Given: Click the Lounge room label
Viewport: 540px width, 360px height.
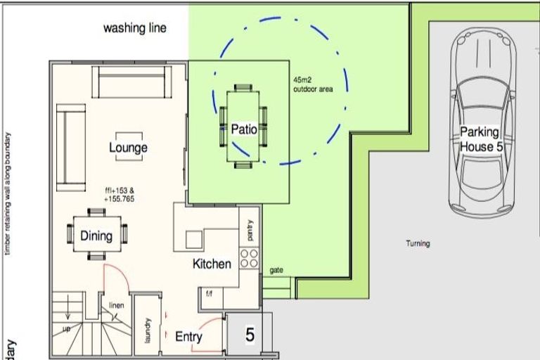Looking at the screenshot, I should [128, 148].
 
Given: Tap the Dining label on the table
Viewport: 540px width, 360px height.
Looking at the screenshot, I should [96, 236].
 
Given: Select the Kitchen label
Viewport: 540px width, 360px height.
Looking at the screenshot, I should [212, 264].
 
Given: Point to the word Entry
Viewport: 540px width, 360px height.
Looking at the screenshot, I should [188, 337].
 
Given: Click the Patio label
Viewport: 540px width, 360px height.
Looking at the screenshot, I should [244, 129].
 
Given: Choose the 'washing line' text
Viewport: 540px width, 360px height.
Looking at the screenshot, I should [135, 29].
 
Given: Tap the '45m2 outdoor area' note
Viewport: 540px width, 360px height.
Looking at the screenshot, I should [313, 85].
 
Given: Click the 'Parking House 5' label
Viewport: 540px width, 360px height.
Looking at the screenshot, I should [480, 139].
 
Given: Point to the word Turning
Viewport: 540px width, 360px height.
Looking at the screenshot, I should [418, 244].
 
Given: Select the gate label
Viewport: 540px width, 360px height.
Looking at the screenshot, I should [276, 271].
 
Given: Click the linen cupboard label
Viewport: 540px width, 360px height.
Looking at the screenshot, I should [116, 304].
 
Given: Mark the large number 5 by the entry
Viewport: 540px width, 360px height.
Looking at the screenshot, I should [250, 335].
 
